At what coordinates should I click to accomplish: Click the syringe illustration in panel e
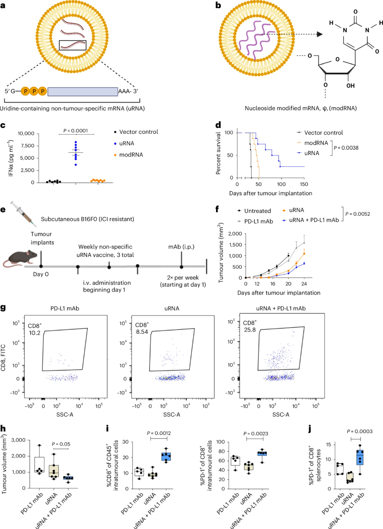coord(23,214)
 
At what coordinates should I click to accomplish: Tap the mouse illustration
coord(21,258)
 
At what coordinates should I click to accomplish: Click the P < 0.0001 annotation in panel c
coord(76,131)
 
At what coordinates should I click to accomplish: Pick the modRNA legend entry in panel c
coord(131,155)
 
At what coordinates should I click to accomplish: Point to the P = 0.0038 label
coord(346,148)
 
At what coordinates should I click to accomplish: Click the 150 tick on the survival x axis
coord(304,184)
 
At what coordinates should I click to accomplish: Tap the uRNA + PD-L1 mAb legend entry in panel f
coord(314,220)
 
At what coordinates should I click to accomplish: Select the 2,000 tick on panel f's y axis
coord(235,234)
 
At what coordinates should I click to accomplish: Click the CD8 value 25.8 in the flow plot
coord(250,330)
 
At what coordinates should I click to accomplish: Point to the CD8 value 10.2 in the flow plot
coord(35,333)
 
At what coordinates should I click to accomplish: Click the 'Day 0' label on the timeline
coord(41,274)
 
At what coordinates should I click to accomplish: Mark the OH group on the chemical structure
coord(350,86)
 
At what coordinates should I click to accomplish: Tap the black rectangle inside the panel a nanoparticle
coord(73,45)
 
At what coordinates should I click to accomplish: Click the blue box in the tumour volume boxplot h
coord(68,478)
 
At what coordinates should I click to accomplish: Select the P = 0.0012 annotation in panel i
coord(159,433)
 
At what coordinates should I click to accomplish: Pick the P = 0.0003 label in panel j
coord(360,431)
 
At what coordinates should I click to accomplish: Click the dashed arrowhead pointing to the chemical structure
coord(320,34)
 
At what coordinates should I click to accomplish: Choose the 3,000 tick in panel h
coord(18,440)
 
